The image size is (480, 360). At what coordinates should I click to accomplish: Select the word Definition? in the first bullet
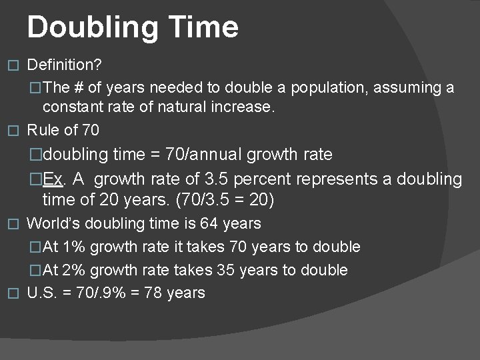pos(63,65)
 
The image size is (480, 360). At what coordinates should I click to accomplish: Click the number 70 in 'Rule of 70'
pos(90,129)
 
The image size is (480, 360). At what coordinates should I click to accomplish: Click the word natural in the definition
pos(191,107)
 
